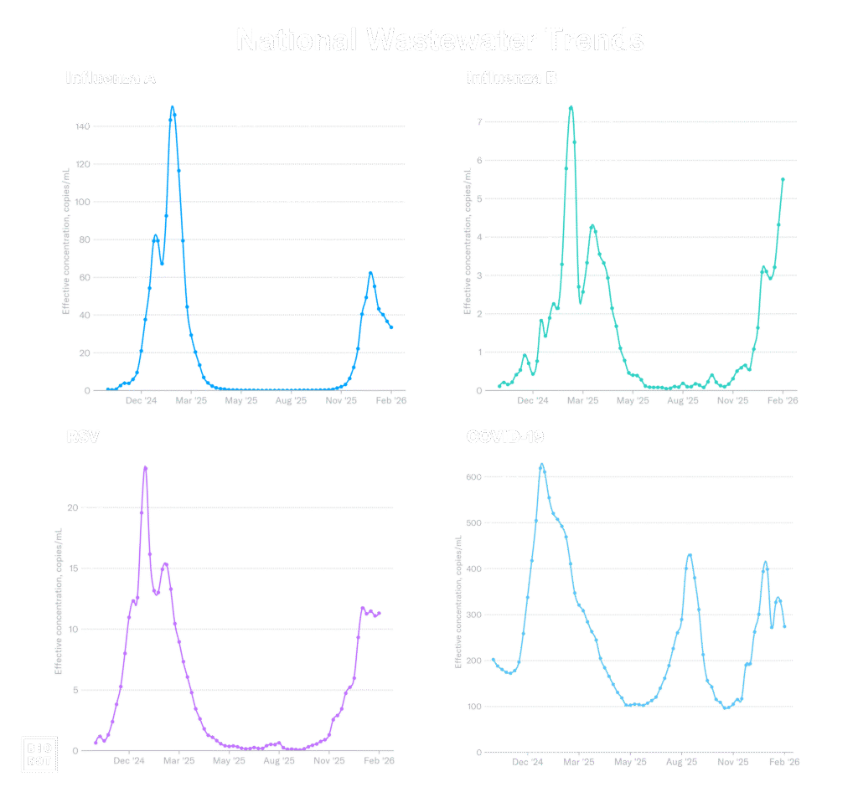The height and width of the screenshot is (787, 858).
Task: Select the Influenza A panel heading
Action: (111, 78)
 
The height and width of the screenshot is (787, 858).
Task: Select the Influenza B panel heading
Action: (512, 78)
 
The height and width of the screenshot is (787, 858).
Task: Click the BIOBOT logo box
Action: (39, 753)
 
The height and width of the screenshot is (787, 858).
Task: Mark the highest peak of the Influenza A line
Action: (173, 107)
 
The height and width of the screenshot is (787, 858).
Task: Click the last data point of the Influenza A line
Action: (391, 327)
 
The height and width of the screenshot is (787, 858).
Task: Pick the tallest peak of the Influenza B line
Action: (571, 106)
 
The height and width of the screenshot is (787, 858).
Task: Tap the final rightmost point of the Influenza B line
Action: (783, 178)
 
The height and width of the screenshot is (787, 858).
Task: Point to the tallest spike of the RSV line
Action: (145, 467)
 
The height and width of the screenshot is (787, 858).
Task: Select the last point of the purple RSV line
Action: (380, 613)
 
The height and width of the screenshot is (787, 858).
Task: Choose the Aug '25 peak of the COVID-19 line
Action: (690, 554)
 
